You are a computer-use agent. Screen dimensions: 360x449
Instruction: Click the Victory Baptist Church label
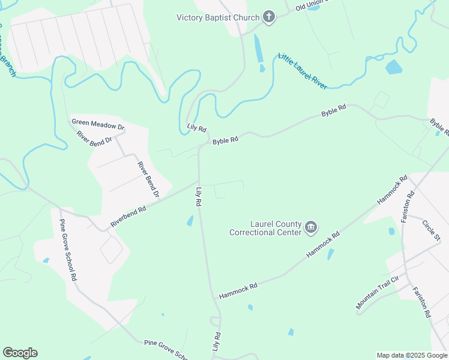pyautogui.click(x=218, y=17)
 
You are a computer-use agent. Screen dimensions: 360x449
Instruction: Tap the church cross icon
pyautogui.click(x=269, y=17)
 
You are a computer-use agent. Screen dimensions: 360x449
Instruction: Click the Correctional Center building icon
pyautogui.click(x=312, y=227)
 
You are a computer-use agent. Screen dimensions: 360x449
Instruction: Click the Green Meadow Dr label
pyautogui.click(x=98, y=125)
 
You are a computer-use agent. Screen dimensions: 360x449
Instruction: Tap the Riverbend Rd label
pyautogui.click(x=128, y=217)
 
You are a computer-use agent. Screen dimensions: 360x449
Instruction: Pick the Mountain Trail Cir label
pyautogui.click(x=377, y=293)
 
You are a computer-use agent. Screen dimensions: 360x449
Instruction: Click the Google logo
pyautogui.click(x=20, y=353)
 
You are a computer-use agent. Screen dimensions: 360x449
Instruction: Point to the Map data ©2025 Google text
pyautogui.click(x=412, y=355)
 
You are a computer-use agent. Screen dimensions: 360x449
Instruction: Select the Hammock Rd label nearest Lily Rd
pyautogui.click(x=238, y=291)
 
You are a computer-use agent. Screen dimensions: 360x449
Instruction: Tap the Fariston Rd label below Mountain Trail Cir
pyautogui.click(x=422, y=302)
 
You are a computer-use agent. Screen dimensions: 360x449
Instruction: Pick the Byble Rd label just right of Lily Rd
pyautogui.click(x=225, y=140)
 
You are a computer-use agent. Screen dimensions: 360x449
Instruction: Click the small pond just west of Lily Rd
pyautogui.click(x=190, y=221)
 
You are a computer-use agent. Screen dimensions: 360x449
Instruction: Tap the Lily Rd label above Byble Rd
pyautogui.click(x=197, y=128)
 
